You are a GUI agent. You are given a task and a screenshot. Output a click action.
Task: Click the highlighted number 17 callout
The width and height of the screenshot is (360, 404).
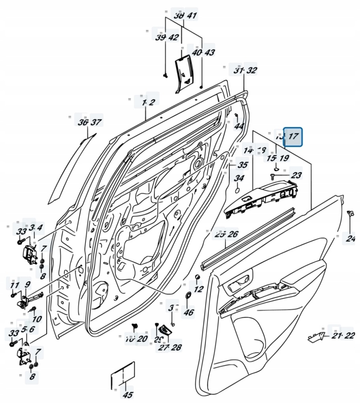pos(293,137)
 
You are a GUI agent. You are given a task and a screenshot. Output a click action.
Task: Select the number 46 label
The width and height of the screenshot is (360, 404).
pos(189,312)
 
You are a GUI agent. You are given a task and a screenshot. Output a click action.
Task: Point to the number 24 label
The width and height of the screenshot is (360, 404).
pos(351,238)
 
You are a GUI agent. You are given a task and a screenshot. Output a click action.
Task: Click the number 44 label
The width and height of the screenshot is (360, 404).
pos(239,126)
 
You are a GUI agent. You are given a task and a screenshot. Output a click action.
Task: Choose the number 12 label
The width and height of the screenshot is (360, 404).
pos(199,289)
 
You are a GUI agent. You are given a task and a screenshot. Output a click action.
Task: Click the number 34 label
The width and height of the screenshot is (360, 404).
pos(239,178)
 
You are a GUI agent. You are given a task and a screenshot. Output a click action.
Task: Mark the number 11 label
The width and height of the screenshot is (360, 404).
pos(14,285)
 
